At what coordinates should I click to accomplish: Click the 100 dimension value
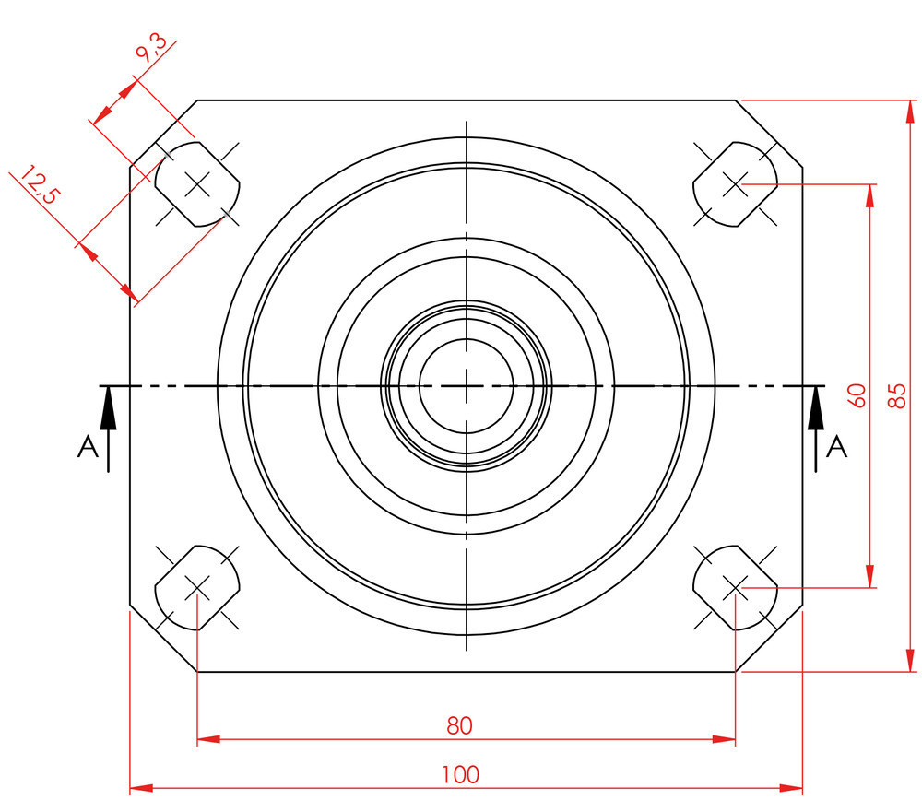tap(460, 774)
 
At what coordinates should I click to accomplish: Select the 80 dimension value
tap(459, 725)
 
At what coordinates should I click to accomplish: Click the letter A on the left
tap(88, 447)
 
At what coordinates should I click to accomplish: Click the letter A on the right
tap(836, 447)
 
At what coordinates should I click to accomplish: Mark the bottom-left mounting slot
tap(197, 587)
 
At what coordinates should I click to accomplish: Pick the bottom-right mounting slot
tap(735, 587)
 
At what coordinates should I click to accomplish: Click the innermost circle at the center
tap(467, 385)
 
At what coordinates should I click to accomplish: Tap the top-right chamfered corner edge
tap(770, 133)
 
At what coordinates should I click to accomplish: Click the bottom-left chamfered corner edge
tap(163, 639)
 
